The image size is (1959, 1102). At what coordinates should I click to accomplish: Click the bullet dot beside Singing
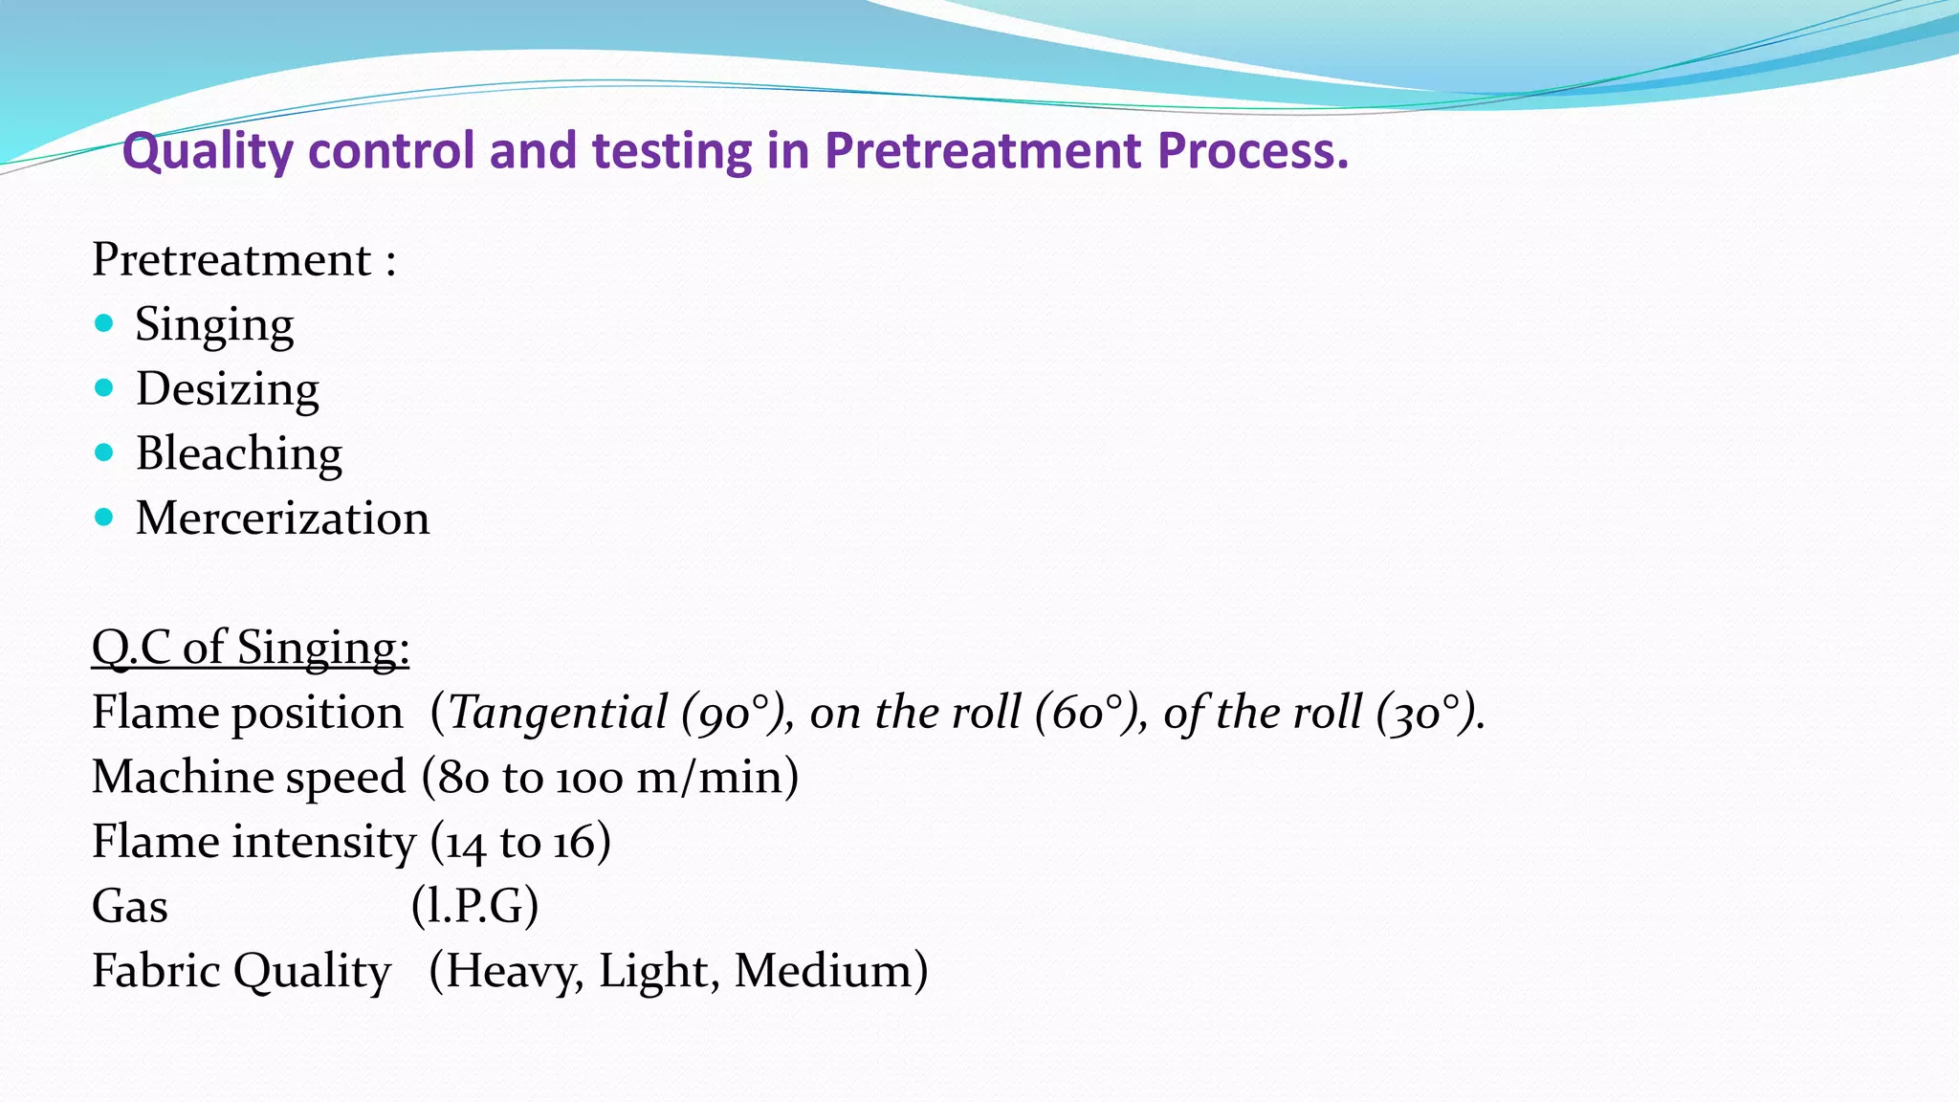pyautogui.click(x=104, y=323)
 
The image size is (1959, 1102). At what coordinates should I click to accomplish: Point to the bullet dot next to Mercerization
pyautogui.click(x=104, y=518)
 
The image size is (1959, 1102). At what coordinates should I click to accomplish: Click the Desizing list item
pyautogui.click(x=228, y=389)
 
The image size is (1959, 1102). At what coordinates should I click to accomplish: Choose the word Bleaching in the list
pyautogui.click(x=239, y=453)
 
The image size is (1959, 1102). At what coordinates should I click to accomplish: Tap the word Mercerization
pyautogui.click(x=283, y=518)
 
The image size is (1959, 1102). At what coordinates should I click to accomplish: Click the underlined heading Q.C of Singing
pyautogui.click(x=251, y=648)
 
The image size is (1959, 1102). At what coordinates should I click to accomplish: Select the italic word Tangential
pyautogui.click(x=558, y=713)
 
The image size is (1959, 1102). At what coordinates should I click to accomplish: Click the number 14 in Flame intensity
pyautogui.click(x=466, y=843)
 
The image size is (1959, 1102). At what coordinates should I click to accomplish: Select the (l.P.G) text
pyautogui.click(x=475, y=906)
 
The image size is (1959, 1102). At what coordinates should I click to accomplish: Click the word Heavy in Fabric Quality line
pyautogui.click(x=513, y=971)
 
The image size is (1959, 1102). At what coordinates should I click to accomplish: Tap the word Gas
pyautogui.click(x=130, y=906)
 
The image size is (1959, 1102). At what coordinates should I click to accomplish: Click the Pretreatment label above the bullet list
pyautogui.click(x=231, y=259)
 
